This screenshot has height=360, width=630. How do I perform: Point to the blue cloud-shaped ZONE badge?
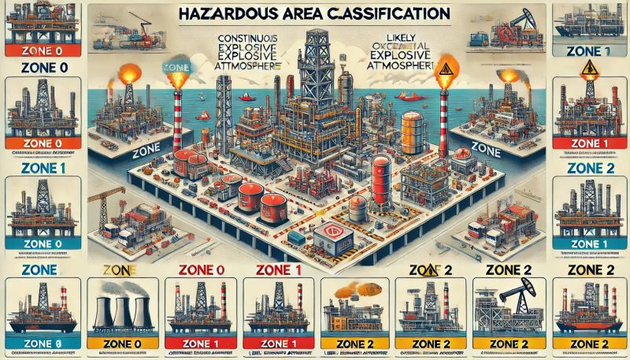(x=174, y=69)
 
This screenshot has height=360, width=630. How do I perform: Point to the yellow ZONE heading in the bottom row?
(x=120, y=270)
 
